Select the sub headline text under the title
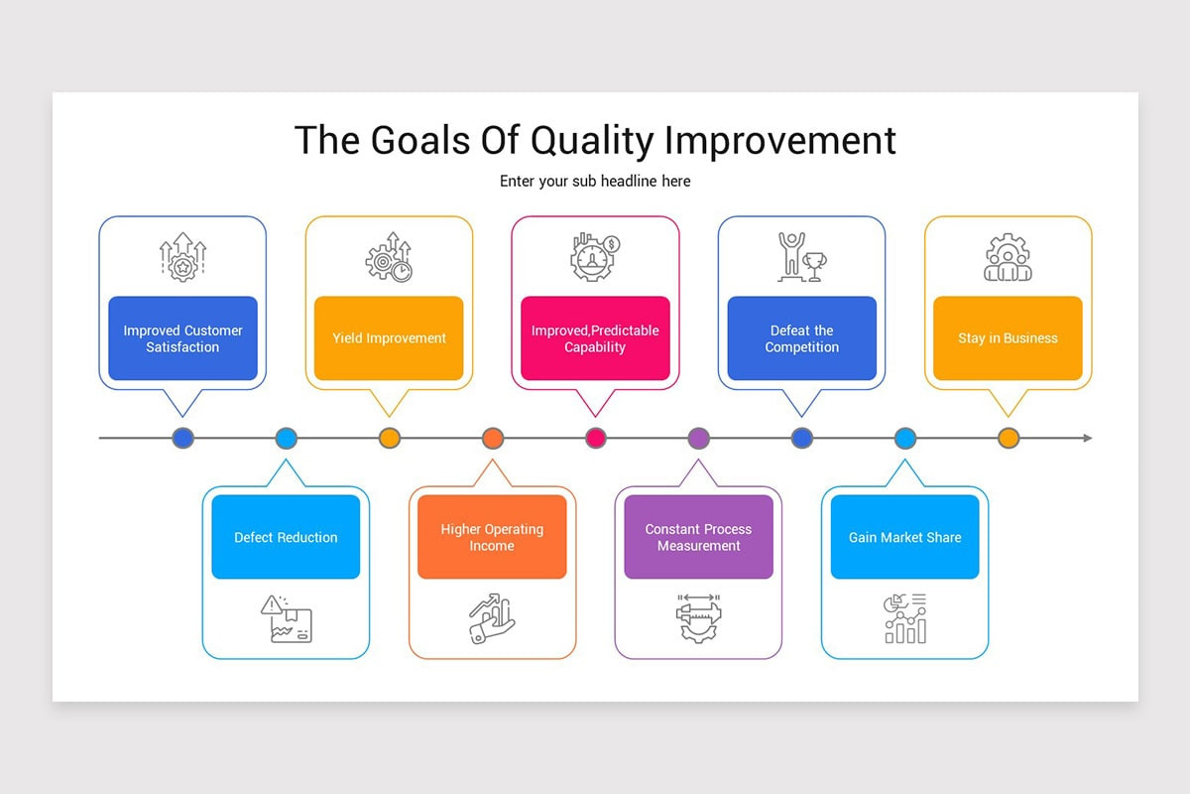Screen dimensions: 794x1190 pos(595,182)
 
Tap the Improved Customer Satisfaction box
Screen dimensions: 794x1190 pos(182,338)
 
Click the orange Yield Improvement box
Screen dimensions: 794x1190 pos(389,338)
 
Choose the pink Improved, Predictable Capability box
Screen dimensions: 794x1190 pos(595,338)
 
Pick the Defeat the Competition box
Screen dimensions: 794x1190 pos(801,338)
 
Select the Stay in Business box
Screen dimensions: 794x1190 pos(1008,338)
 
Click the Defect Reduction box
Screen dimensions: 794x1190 pos(286,537)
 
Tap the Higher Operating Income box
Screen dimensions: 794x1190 pos(492,537)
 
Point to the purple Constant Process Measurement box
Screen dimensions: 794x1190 pos(698,537)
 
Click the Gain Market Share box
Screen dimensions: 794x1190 pos(904,537)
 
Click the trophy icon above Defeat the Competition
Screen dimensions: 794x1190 pos(801,257)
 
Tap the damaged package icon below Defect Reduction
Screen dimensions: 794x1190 pos(287,618)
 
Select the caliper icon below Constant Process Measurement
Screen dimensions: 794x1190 pos(698,618)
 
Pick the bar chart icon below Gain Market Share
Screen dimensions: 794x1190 pos(904,618)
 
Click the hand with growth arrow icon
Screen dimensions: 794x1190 pos(492,618)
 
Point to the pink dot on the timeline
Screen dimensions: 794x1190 pos(596,438)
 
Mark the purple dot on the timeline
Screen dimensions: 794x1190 pos(699,438)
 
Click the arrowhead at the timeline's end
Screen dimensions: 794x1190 pos(1087,438)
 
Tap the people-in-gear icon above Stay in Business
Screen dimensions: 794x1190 pos(1008,258)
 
